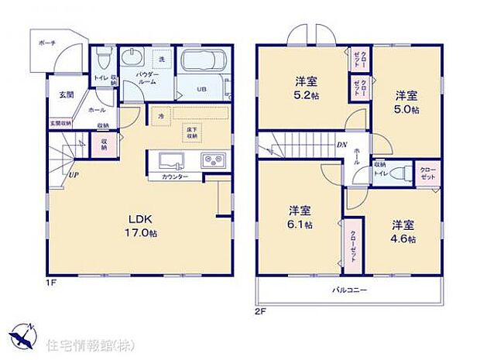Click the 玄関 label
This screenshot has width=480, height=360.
[67, 94]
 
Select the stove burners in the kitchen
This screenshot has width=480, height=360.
[212, 161]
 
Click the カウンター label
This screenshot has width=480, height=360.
[174, 177]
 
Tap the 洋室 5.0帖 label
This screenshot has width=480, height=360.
[406, 102]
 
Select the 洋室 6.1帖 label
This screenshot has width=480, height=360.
[300, 217]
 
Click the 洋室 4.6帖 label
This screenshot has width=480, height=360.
[403, 231]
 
